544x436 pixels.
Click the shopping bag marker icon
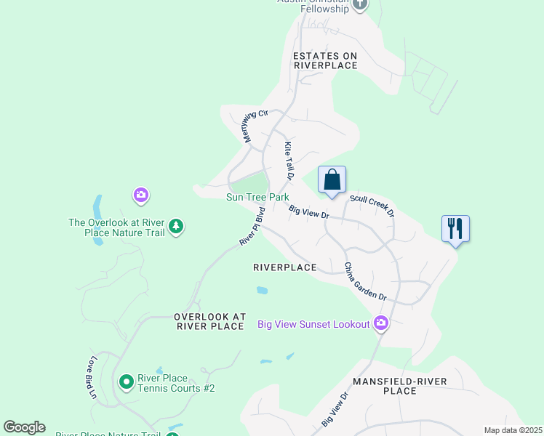(332, 180)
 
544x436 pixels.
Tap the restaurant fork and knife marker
(455, 229)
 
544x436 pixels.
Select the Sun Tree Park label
(257, 197)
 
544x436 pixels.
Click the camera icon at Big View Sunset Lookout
(380, 323)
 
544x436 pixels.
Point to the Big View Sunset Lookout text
(313, 324)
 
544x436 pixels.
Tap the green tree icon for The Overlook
(175, 227)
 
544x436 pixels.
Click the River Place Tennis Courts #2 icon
(126, 381)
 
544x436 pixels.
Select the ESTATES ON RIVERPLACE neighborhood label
(325, 60)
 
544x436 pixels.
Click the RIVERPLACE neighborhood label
(285, 267)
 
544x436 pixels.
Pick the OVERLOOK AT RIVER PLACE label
(209, 322)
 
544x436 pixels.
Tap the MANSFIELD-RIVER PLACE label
(399, 386)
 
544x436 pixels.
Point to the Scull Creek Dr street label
(372, 205)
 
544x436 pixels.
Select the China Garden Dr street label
(364, 282)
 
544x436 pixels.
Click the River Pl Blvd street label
(252, 226)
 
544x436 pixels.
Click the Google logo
(24, 427)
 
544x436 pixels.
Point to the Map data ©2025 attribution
(513, 430)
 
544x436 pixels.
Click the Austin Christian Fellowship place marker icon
(360, 5)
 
